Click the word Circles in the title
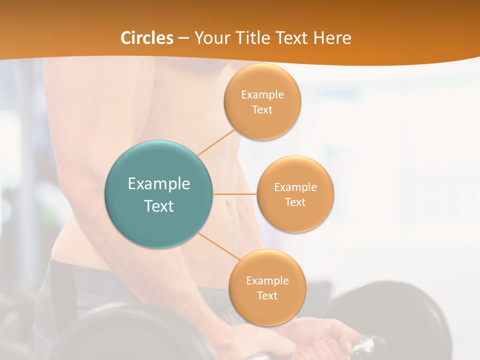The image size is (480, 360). tap(146, 38)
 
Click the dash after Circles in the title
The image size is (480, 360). tap(183, 38)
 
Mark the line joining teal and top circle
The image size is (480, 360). tap(216, 142)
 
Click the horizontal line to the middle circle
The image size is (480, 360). tap(234, 194)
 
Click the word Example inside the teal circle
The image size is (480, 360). tap(159, 184)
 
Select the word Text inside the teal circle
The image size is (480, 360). tap(159, 206)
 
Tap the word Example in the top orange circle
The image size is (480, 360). tap(262, 94)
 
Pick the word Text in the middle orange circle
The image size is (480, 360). tap(295, 202)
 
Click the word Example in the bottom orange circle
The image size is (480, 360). tap(267, 280)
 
